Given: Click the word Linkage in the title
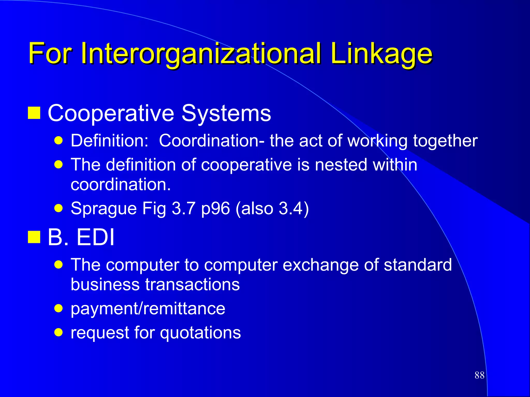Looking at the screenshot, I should [x=381, y=54].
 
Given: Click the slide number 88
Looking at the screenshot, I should [x=480, y=375].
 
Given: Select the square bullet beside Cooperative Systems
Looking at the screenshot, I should [x=34, y=113].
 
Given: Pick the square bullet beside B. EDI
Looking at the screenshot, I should [x=34, y=237].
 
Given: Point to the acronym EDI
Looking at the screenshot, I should [x=95, y=237].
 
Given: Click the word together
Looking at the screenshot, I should [x=445, y=141].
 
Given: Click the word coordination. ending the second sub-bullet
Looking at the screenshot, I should [x=121, y=185].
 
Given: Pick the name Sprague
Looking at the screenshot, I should [x=104, y=208].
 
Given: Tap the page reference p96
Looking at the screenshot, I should [x=216, y=208].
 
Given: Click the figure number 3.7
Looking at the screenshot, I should [x=183, y=208].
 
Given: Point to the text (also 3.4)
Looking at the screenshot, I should [x=272, y=208].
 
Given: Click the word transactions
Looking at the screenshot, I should [x=192, y=285].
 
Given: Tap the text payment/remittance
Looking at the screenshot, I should [x=148, y=309].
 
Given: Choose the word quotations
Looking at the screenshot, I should [x=200, y=333].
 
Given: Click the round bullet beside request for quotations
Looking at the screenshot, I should [x=59, y=332].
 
